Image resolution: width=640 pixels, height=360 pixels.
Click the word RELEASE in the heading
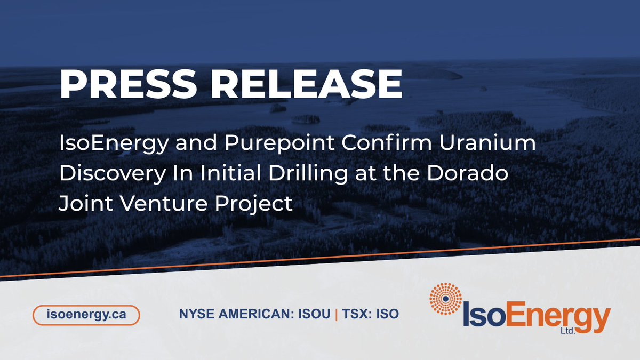[311, 83]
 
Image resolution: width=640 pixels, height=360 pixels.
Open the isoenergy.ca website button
[86, 314]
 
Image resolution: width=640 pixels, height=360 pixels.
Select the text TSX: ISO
[370, 314]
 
